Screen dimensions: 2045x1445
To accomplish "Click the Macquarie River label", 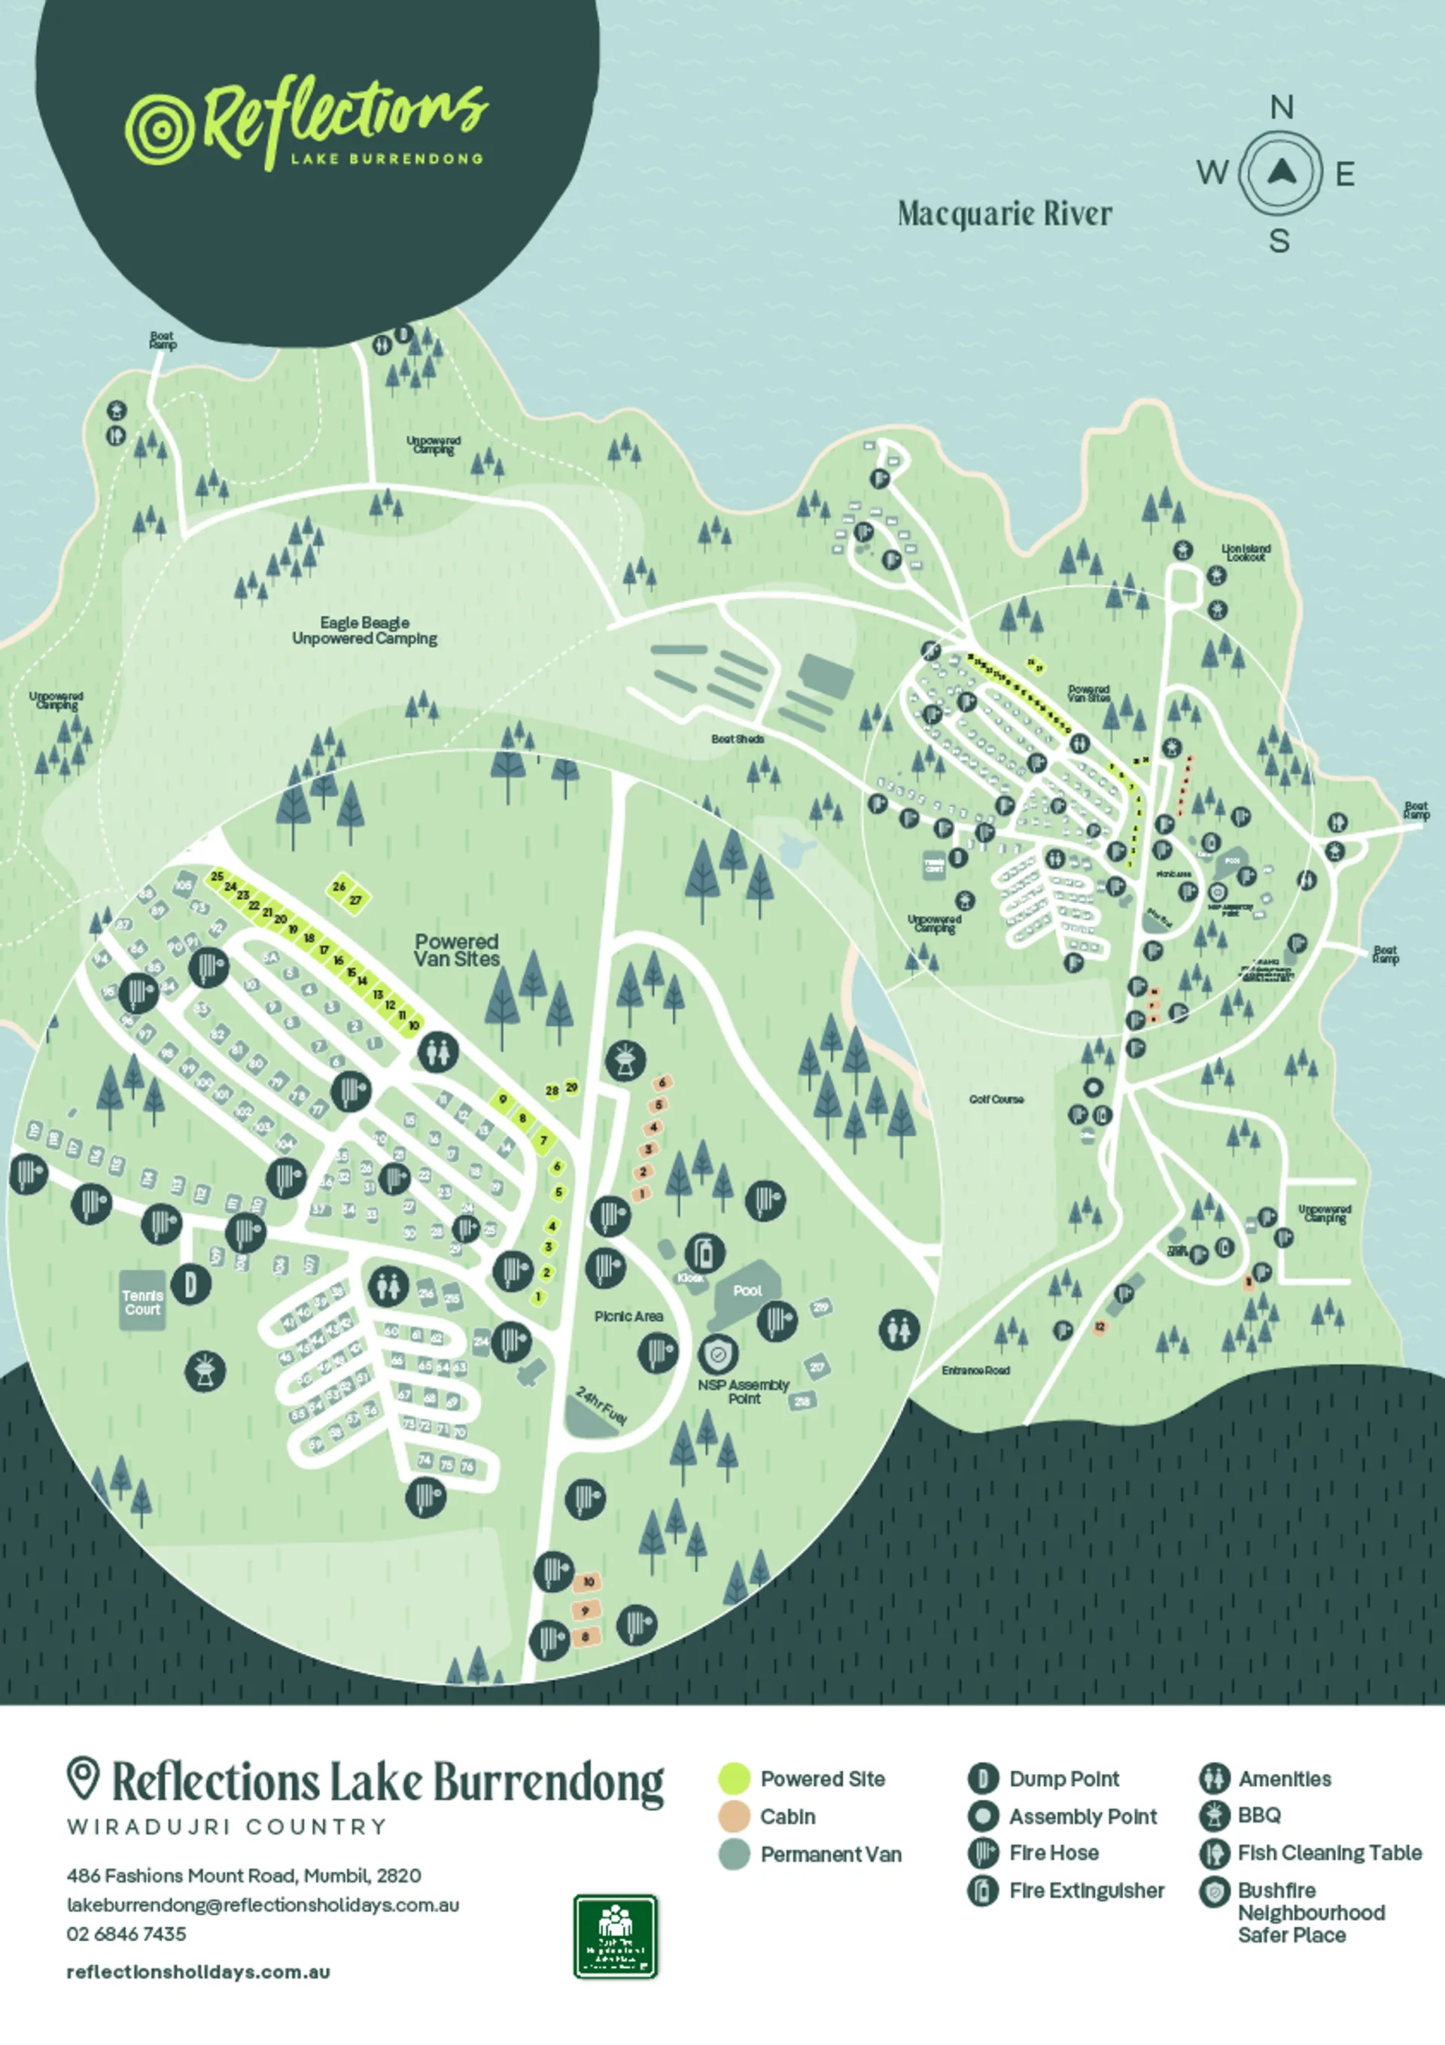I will click(1005, 214).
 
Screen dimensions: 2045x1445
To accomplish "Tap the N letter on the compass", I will click(1281, 108).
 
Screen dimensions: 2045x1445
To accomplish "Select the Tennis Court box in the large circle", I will click(142, 1302).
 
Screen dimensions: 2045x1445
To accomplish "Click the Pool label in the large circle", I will click(747, 1290).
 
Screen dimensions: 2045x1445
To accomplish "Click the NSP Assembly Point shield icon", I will click(717, 1355).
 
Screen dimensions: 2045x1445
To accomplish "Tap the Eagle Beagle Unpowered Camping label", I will click(364, 631).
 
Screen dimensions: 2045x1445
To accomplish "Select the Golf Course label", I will click(996, 1100).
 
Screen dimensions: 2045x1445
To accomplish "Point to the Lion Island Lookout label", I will click(1246, 553).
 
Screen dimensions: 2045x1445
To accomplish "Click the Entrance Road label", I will click(975, 1371).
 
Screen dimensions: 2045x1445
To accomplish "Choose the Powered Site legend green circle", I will click(734, 1779).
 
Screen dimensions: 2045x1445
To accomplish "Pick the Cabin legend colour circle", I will click(734, 1816).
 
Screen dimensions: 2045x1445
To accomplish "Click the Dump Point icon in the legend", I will click(983, 1779).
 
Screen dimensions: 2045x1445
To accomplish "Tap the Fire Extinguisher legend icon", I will click(983, 1890).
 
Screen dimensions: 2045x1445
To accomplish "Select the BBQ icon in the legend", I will click(1213, 1816).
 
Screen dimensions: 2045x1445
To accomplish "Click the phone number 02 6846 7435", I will click(126, 1934).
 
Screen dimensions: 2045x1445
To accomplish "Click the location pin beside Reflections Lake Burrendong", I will click(83, 1778).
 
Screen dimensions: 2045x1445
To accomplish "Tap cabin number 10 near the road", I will click(588, 1582).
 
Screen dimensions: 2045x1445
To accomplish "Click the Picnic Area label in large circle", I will click(629, 1317).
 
